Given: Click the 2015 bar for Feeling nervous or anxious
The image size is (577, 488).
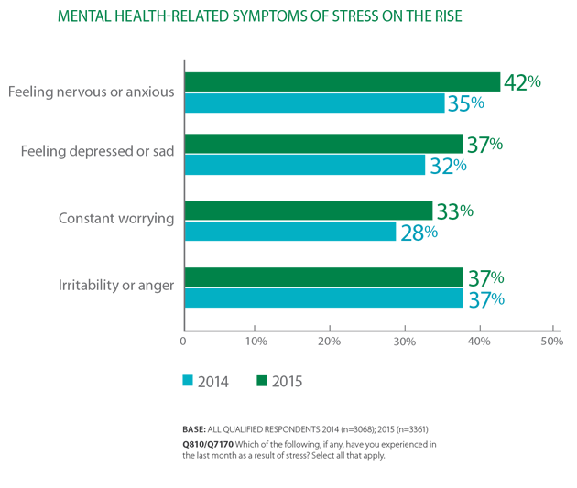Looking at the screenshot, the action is click(343, 82).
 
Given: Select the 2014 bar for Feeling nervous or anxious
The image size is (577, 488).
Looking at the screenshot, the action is click(315, 103).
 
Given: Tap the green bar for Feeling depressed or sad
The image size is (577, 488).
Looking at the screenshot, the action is click(324, 144).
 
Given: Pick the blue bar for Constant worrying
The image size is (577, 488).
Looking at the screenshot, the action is click(290, 232).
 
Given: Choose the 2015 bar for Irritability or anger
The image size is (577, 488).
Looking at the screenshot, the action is click(324, 277).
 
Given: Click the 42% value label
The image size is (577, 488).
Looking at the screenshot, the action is click(523, 82).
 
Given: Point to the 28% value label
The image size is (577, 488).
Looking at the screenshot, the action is click(419, 233).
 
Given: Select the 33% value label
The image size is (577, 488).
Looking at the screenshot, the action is click(455, 211).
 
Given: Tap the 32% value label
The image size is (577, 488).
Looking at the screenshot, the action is click(448, 166).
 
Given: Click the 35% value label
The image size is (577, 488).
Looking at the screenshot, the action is click(466, 103).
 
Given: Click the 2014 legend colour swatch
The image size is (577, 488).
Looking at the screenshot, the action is click(188, 381).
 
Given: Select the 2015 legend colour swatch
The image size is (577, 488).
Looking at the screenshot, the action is click(262, 381).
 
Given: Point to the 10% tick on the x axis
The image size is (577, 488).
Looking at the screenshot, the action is click(255, 328).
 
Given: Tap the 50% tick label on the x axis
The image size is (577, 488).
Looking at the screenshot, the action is click(551, 342).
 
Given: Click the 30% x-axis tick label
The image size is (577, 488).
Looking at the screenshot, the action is click(405, 342).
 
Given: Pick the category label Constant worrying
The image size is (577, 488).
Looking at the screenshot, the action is click(116, 219).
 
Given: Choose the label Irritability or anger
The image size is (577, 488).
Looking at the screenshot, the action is click(116, 286).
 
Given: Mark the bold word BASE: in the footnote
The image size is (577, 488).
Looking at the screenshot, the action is click(194, 429).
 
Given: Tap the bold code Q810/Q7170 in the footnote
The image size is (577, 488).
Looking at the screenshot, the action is click(208, 445).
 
